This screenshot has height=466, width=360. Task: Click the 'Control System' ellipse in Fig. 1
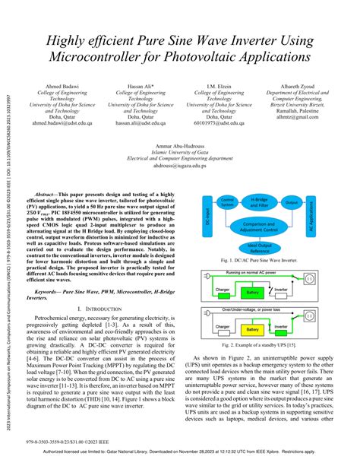226,203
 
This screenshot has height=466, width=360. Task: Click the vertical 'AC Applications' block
311,226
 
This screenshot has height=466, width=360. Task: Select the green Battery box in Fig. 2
253,291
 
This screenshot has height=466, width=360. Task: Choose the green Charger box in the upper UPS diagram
223,291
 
